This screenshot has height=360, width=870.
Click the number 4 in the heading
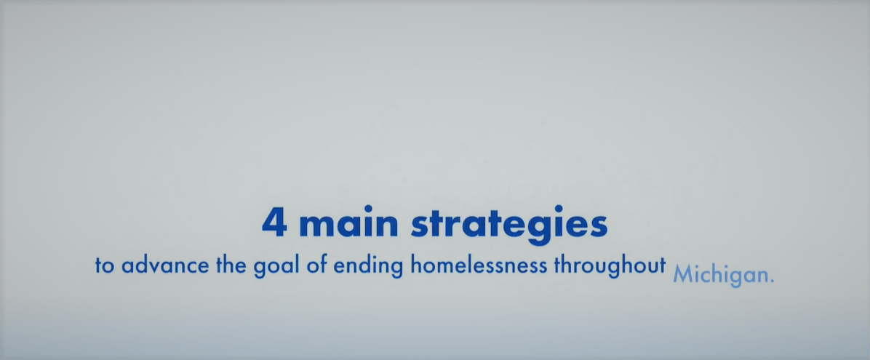pos(274,223)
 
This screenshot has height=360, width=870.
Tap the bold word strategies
pos(509,225)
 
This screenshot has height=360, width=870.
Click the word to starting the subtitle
pos(105,266)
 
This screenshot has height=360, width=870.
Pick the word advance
pos(165,265)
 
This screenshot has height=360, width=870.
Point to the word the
pos(231,265)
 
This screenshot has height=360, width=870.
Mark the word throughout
pos(610,265)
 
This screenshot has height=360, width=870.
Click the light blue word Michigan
pos(719,275)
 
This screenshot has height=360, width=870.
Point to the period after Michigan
pos(771,281)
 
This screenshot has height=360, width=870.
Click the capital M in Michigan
pos(682,274)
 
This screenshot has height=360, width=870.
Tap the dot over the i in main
pos(367,209)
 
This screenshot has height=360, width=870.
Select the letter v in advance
pos(155,268)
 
